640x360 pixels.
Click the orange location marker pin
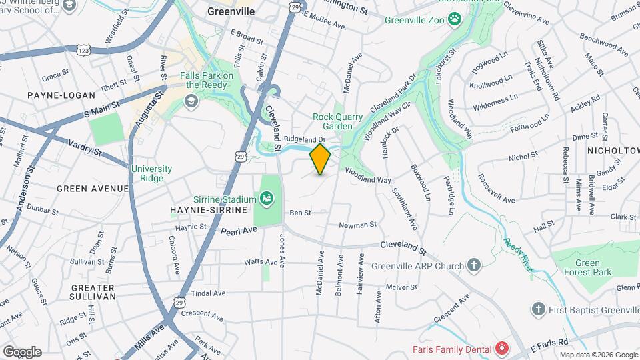(320, 159)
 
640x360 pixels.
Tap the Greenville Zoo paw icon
(455, 19)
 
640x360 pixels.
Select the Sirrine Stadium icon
(267, 197)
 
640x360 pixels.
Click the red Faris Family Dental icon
(501, 349)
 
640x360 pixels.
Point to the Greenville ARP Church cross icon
(473, 265)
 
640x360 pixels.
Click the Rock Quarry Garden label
(338, 121)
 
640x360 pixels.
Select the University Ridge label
(151, 173)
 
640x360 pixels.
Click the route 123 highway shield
(83, 51)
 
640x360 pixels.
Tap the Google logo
(22, 352)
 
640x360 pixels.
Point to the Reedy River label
(518, 255)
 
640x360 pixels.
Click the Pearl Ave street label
(239, 230)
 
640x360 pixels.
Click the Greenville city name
(231, 12)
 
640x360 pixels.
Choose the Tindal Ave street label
(207, 293)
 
